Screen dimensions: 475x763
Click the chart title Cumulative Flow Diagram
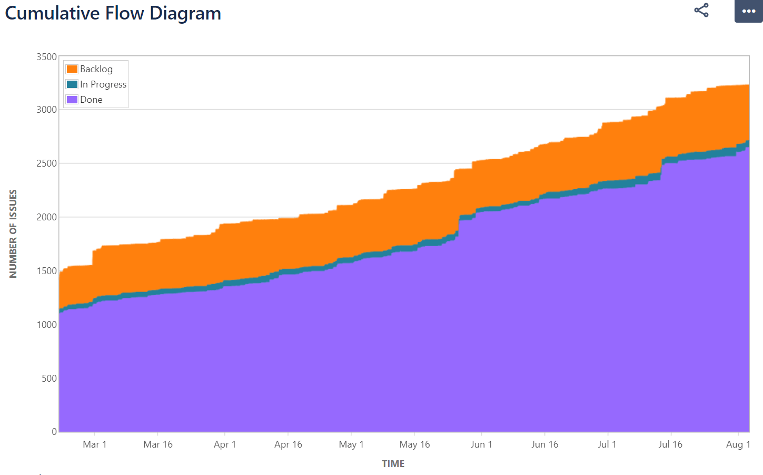pos(113,13)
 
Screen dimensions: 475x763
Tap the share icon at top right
pos(701,11)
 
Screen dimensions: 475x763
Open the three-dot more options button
pos(748,11)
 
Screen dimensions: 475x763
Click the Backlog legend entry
pos(96,69)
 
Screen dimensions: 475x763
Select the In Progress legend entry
pos(103,84)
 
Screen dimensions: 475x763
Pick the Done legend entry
pos(91,100)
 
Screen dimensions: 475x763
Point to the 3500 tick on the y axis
pos(46,57)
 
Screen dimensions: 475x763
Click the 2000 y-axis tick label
pos(46,217)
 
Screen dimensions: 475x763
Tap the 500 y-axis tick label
pos(49,379)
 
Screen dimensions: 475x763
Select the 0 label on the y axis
pos(54,432)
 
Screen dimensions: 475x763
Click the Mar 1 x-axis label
pos(95,444)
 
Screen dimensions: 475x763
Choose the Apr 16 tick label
pos(288,444)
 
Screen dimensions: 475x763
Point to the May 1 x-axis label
pos(351,444)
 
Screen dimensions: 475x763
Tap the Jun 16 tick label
pos(544,444)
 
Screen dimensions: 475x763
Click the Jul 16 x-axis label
pos(670,444)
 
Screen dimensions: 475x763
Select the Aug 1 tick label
pos(738,444)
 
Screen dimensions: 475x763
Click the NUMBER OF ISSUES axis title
pos(13,234)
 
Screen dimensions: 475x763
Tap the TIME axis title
pos(393,464)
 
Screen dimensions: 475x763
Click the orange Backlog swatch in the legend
pos(72,69)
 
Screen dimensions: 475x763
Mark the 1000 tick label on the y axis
pos(46,325)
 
